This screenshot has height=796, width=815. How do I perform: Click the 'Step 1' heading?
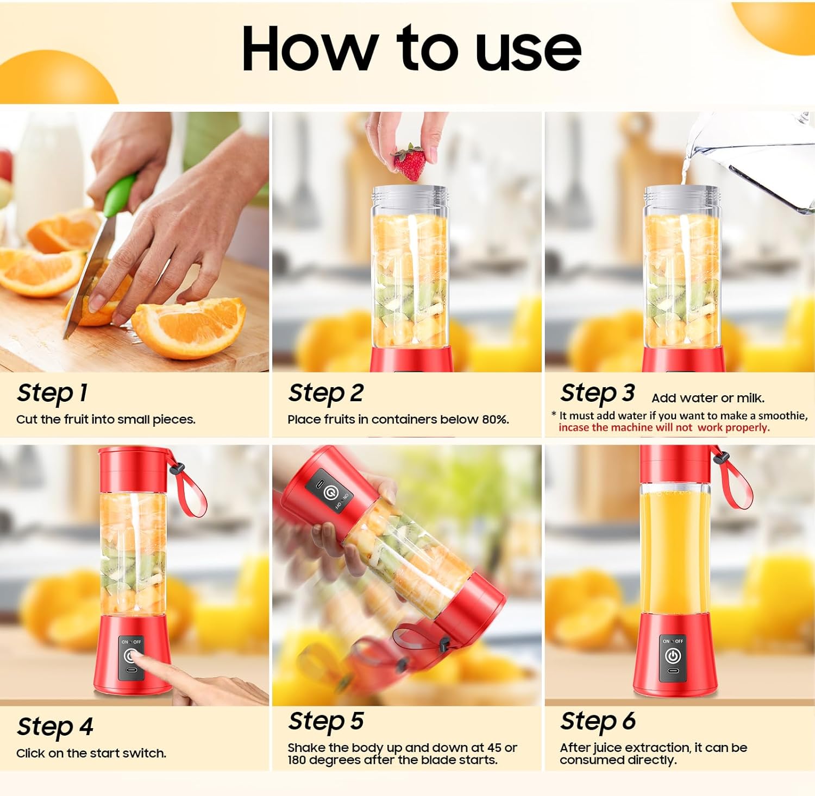[x=52, y=393]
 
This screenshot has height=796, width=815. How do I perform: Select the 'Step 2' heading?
[x=326, y=393]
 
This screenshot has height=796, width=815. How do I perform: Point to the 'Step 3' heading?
[x=598, y=393]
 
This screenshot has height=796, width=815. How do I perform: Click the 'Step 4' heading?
[x=55, y=726]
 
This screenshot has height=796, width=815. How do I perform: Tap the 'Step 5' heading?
[x=326, y=722]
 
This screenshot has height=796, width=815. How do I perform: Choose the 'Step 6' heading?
[x=598, y=722]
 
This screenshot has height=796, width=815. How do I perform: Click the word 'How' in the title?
[x=310, y=49]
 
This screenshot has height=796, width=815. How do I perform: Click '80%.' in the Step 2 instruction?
[x=495, y=420]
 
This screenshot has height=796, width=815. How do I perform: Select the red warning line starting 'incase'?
[x=664, y=428]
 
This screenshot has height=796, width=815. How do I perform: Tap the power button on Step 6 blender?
[x=673, y=656]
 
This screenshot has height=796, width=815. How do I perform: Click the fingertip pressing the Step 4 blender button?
[x=137, y=659]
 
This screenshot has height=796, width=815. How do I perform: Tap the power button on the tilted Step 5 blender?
[x=329, y=492]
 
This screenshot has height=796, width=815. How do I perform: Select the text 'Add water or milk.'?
[x=708, y=398]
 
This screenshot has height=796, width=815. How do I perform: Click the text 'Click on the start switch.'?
[x=91, y=754]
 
